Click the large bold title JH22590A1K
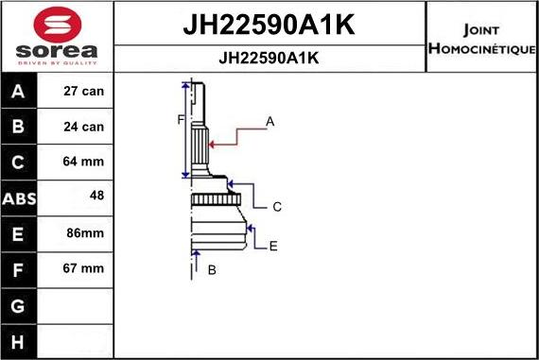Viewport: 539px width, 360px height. pyautogui.click(x=269, y=26)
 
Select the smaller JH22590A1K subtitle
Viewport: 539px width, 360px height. pyautogui.click(x=269, y=58)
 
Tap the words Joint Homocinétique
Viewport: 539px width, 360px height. pyautogui.click(x=481, y=38)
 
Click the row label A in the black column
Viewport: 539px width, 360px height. pyautogui.click(x=19, y=92)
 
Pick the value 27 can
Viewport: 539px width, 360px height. pyautogui.click(x=84, y=92)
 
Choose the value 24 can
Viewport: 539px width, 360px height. pyautogui.click(x=84, y=127)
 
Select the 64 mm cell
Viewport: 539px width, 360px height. pyautogui.click(x=84, y=162)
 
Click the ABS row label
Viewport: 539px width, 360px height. pyautogui.click(x=19, y=198)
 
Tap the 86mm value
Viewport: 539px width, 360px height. pyautogui.click(x=84, y=232)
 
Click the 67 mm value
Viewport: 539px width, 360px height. pyautogui.click(x=84, y=268)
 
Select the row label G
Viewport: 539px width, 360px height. pyautogui.click(x=19, y=305)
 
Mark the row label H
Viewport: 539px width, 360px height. pyautogui.click(x=19, y=340)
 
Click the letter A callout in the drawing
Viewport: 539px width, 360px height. pyautogui.click(x=270, y=121)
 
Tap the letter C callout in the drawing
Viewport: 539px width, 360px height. pyautogui.click(x=277, y=206)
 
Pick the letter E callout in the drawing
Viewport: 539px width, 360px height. pyautogui.click(x=272, y=246)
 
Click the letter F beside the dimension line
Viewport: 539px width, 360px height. pyautogui.click(x=180, y=119)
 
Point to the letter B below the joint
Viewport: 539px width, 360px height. pyautogui.click(x=212, y=270)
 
